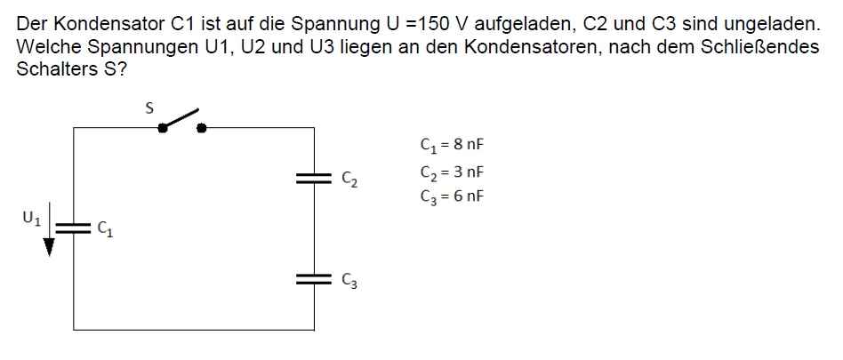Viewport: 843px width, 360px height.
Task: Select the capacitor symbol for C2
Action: pos(314,179)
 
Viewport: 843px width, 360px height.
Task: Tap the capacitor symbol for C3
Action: pos(314,278)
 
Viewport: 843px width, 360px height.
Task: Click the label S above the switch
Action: pos(149,108)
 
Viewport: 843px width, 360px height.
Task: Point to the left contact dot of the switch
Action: pos(162,128)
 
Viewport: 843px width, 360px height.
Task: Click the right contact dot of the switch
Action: pos(202,128)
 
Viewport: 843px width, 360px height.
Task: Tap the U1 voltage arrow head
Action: pos(49,248)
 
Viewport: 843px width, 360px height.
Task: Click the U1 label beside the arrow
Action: pos(32,218)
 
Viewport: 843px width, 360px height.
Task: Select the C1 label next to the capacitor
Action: pos(105,229)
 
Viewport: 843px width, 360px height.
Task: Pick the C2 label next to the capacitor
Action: pos(349,180)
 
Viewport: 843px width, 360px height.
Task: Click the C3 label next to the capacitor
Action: pos(349,280)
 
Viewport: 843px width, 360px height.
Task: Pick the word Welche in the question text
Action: pos(50,47)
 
